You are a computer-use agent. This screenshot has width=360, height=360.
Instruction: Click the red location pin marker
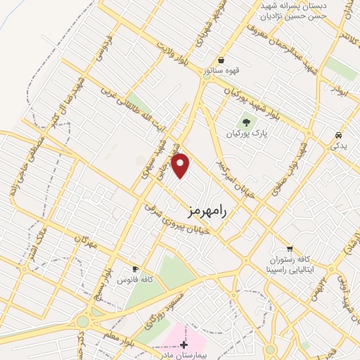[181, 165]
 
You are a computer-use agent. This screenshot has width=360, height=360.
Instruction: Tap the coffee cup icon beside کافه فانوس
[135, 269]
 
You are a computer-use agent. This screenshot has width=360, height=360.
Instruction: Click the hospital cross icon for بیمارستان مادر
[184, 344]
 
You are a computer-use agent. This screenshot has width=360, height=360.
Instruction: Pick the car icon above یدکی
[339, 135]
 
